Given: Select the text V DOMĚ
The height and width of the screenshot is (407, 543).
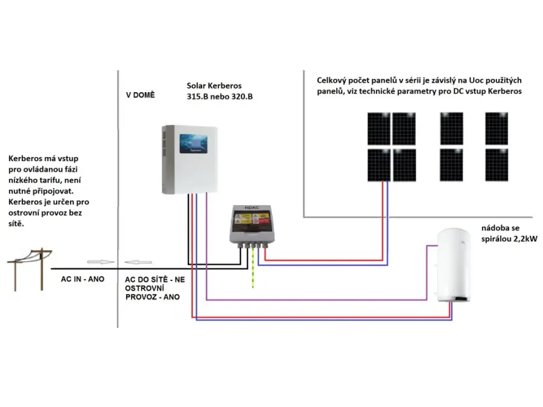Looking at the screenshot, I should pos(140,95).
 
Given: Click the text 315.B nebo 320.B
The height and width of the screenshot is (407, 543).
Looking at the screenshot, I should pos(220,96).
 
